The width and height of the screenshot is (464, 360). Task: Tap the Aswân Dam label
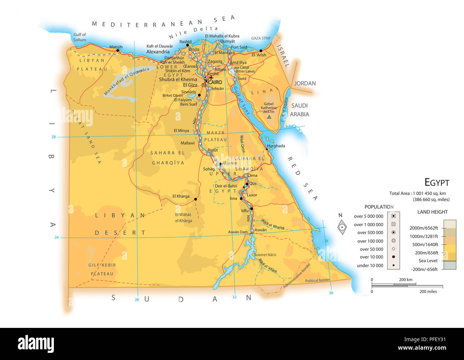click(238, 232)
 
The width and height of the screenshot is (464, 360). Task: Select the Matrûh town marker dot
click(118, 51)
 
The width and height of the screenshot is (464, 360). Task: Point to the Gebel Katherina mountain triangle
click(269, 117)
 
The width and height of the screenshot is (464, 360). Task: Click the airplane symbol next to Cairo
click(211, 77)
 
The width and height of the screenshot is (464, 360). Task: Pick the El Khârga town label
click(181, 196)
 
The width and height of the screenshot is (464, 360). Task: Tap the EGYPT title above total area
click(437, 182)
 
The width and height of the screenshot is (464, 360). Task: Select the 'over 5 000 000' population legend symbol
click(393, 216)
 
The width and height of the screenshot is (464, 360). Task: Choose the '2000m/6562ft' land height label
click(424, 228)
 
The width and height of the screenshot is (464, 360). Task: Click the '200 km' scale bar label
click(405, 279)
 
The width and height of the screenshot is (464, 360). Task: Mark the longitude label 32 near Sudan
click(234, 297)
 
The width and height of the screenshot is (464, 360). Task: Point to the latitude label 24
click(56, 237)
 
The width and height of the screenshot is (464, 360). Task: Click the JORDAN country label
click(305, 83)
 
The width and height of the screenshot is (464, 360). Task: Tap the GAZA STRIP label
click(261, 38)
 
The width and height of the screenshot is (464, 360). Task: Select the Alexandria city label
click(158, 52)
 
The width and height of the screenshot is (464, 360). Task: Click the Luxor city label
click(252, 195)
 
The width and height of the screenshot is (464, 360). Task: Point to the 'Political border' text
click(317, 280)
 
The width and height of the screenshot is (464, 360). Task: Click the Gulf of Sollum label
click(80, 37)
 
